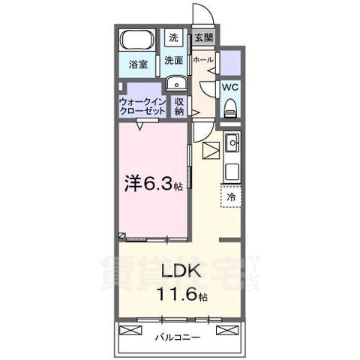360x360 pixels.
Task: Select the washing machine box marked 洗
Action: point(173,37)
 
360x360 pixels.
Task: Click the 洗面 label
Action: point(174,60)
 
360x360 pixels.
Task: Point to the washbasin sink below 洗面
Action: point(175,82)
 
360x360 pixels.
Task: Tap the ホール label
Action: point(202,59)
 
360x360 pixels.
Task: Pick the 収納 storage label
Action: point(179,106)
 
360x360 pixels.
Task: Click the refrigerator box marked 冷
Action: point(231,196)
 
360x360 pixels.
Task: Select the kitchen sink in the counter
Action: point(232,142)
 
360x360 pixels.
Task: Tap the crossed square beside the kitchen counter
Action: point(211,150)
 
